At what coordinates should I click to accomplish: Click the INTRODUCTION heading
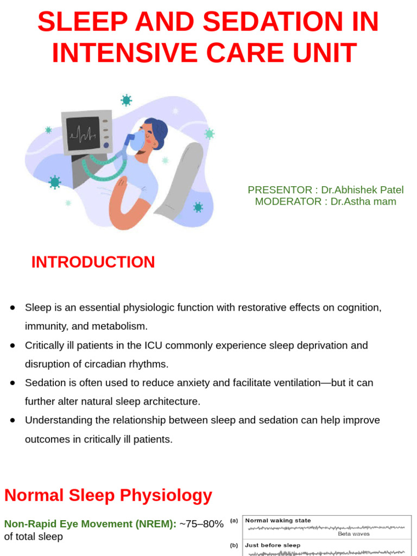coord(93,262)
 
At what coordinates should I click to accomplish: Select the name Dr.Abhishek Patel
coord(362,190)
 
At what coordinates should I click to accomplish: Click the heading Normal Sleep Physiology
coord(108,495)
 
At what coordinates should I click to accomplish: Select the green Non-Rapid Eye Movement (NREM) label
coord(90,524)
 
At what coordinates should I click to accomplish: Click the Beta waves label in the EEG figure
coord(353,534)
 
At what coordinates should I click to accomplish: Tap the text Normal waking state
coord(278,521)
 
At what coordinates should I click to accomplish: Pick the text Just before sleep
coord(273,545)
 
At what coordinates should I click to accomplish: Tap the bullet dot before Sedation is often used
coord(12,383)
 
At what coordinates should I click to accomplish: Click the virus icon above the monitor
coord(127,100)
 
